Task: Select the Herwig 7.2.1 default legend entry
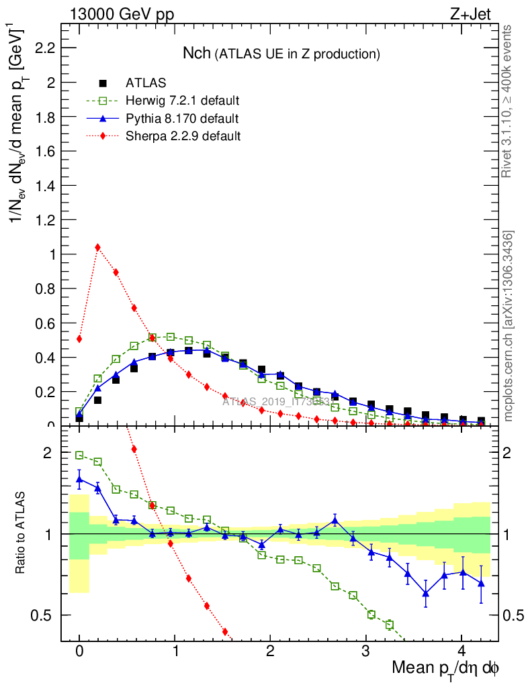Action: point(182,101)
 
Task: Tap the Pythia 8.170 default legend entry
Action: point(181,119)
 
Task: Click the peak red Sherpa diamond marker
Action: point(98,247)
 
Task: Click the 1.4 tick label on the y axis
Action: point(45,185)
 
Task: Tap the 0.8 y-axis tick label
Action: point(45,288)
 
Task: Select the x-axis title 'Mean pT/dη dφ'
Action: point(445,669)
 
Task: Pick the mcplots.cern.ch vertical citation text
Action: point(509,325)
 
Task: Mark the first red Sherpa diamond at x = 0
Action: point(79,339)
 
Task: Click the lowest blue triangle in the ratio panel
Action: point(425,592)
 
